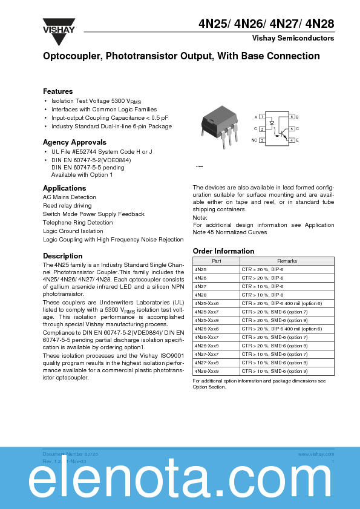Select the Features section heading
click(x=58, y=91)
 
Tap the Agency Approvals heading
click(x=70, y=142)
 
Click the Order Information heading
click(x=223, y=251)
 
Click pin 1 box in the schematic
click(x=262, y=116)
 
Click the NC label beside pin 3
click(x=254, y=140)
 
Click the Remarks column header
click(x=287, y=261)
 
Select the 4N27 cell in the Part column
click(x=200, y=286)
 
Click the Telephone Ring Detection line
click(x=77, y=223)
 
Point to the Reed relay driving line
click(x=67, y=206)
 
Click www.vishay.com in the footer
click(x=312, y=453)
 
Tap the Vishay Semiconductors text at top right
click(x=293, y=38)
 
